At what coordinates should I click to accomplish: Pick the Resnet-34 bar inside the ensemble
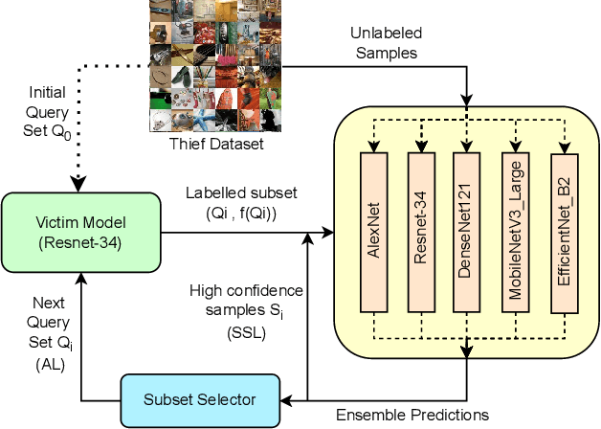click(421, 232)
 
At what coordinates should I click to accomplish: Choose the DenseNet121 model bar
click(467, 232)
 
